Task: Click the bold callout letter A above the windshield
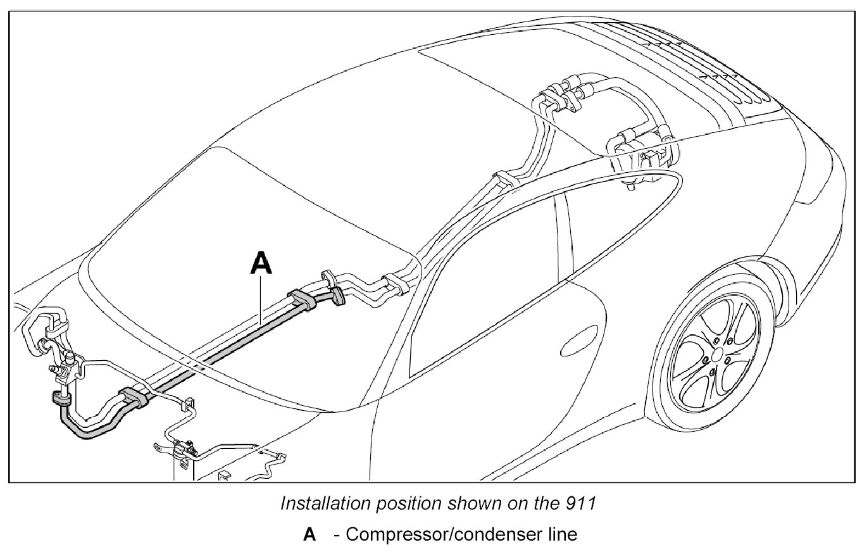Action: (x=261, y=263)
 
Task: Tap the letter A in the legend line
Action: (x=309, y=535)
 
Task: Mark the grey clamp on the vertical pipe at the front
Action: (x=61, y=399)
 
